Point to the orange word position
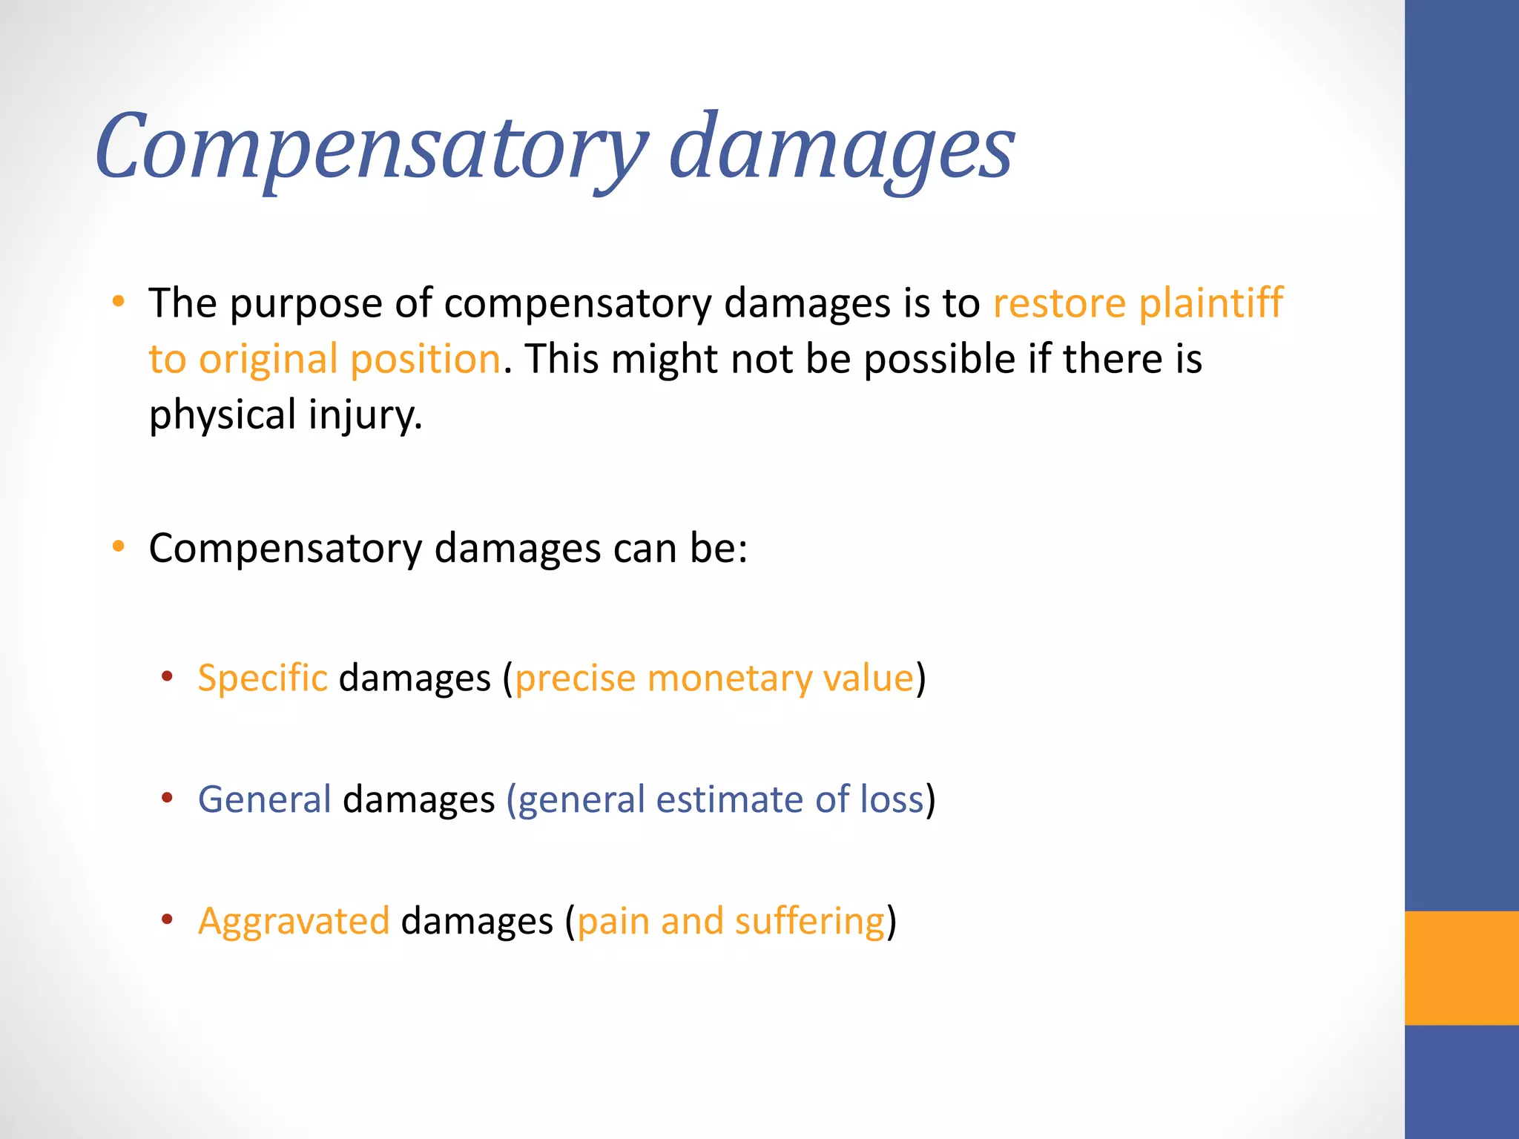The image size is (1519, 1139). point(425,360)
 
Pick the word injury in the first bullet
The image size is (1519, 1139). point(364,415)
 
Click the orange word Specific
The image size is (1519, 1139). point(263,678)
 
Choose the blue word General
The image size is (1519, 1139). point(264,799)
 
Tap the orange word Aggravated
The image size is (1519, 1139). point(294,922)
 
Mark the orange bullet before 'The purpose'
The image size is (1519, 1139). point(118,302)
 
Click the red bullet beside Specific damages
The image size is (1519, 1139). point(168,676)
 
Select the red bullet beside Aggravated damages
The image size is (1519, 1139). point(168,920)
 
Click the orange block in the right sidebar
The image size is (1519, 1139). point(1461,968)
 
